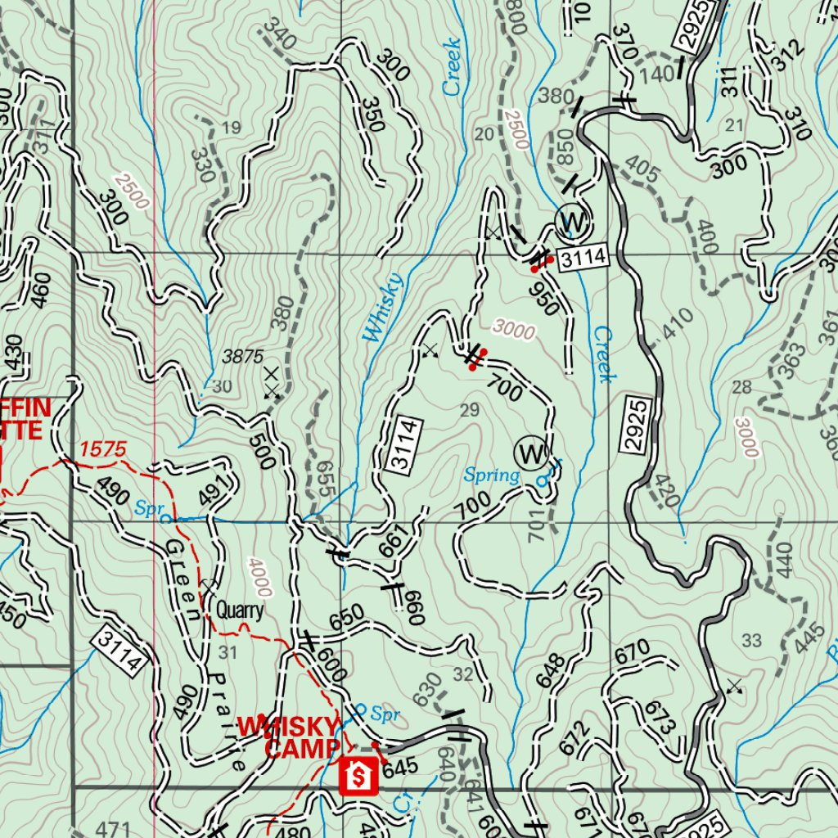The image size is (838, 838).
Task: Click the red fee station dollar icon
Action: [358, 776]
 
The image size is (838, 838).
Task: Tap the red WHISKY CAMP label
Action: [288, 737]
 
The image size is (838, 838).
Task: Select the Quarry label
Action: [240, 610]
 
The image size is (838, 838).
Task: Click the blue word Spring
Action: [492, 475]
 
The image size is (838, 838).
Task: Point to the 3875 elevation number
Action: [243, 356]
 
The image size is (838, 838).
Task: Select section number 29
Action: [470, 410]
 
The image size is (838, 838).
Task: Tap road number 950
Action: [544, 300]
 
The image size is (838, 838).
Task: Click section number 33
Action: [750, 639]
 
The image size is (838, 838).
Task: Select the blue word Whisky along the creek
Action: [383, 307]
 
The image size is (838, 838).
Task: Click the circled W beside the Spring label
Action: [529, 452]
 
